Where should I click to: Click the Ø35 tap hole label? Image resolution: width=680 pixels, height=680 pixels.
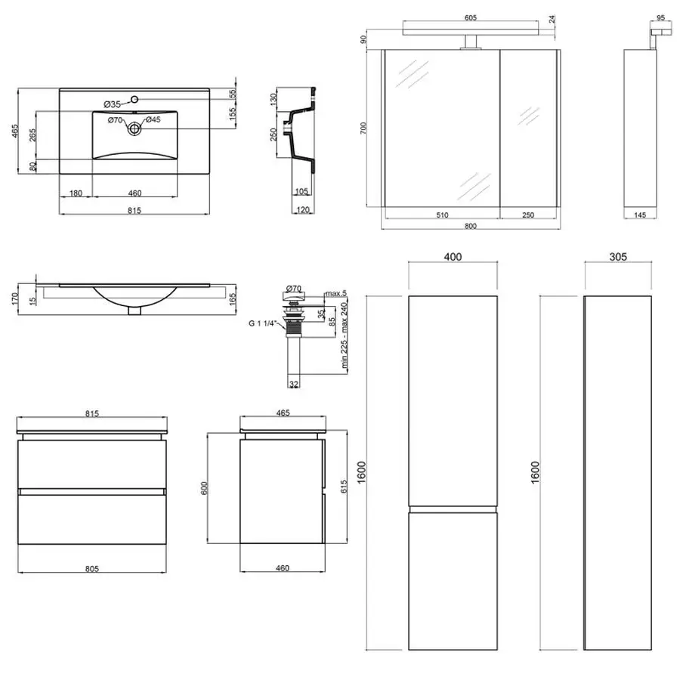coord(113,104)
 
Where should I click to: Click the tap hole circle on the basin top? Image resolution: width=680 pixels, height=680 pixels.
coord(134,99)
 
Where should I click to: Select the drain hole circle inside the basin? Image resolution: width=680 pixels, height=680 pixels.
coord(134,128)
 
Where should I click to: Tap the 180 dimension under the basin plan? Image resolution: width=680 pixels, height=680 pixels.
coord(76,193)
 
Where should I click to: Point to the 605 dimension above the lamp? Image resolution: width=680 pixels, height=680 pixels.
coord(471,18)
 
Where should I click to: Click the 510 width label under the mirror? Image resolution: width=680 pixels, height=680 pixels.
coord(442,215)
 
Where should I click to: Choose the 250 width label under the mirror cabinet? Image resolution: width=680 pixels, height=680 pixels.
coord(528,215)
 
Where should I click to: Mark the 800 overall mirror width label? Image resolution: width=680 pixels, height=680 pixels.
coord(471,225)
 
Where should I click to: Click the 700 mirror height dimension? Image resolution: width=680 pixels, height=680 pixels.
coord(363,128)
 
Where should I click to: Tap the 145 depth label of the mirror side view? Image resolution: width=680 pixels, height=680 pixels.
coord(640,215)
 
